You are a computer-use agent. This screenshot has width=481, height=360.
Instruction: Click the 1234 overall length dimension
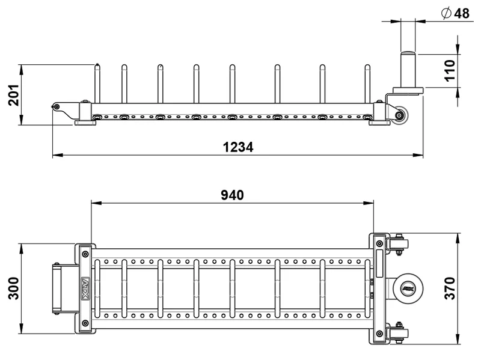point(238,147)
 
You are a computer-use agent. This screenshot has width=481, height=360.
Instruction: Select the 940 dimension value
point(232,195)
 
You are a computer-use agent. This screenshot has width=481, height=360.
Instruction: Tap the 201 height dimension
point(14,95)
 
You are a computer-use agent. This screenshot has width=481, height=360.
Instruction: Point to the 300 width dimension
point(14,288)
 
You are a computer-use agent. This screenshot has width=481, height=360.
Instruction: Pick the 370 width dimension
point(450,288)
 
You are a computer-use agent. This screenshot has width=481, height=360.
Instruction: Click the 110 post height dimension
point(450,70)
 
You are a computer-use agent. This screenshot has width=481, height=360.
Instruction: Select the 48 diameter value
point(462,13)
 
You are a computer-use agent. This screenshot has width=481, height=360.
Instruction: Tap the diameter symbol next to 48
point(446,13)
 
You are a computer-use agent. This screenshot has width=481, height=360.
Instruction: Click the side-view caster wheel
point(400,115)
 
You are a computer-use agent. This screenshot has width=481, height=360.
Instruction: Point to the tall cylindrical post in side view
point(408,69)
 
